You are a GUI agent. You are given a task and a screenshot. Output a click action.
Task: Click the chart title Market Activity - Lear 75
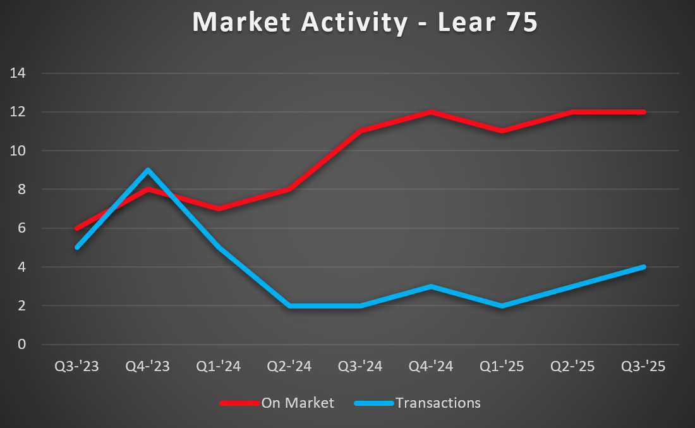coord(365,23)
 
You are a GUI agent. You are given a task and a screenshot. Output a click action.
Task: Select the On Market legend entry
coord(298,403)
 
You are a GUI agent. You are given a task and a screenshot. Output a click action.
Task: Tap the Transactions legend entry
coord(438,403)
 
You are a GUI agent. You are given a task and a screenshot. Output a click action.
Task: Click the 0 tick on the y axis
coord(21,345)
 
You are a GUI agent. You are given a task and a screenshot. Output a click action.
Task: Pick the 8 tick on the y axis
coord(21,190)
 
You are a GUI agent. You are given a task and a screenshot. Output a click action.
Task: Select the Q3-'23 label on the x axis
coord(77,367)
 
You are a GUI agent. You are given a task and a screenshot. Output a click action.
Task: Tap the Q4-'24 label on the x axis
coord(431,367)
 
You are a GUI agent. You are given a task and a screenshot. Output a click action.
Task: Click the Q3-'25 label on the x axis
coord(643,367)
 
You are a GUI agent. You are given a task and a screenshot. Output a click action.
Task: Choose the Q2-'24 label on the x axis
coord(289,367)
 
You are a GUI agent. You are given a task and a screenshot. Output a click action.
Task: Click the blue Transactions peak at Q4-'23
coord(148,170)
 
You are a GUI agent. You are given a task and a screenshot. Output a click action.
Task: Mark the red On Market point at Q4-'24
coord(431,112)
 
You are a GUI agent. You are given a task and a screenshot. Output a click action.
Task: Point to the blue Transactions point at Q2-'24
coord(289,306)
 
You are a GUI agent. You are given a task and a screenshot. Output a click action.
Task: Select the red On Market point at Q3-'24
coord(360,131)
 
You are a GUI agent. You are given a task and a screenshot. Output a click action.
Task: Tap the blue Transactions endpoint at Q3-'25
coord(643,267)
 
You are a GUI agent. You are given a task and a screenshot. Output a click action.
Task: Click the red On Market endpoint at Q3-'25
coord(643,112)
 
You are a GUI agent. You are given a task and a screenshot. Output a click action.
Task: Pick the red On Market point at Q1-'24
coord(219,209)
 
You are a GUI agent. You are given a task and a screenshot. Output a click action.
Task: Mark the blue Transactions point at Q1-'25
coord(502,306)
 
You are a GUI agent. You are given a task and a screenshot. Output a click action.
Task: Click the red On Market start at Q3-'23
coord(77,228)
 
